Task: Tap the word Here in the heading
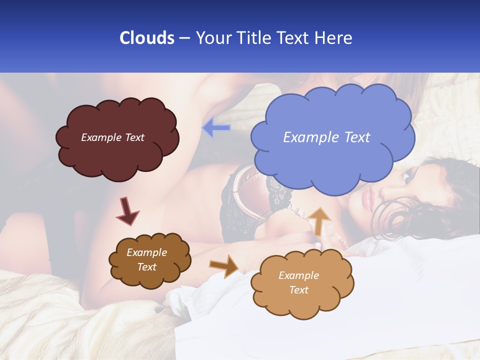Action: [x=333, y=38]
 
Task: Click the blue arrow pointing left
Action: [x=216, y=128]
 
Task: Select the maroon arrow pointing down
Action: [x=127, y=211]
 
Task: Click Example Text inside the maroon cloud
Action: [x=112, y=137]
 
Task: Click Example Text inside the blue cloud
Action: [x=326, y=137]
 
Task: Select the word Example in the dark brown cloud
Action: [x=146, y=253]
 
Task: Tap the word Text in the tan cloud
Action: [x=298, y=290]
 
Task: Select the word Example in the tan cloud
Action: [x=298, y=275]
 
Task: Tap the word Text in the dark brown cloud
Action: [x=146, y=267]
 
